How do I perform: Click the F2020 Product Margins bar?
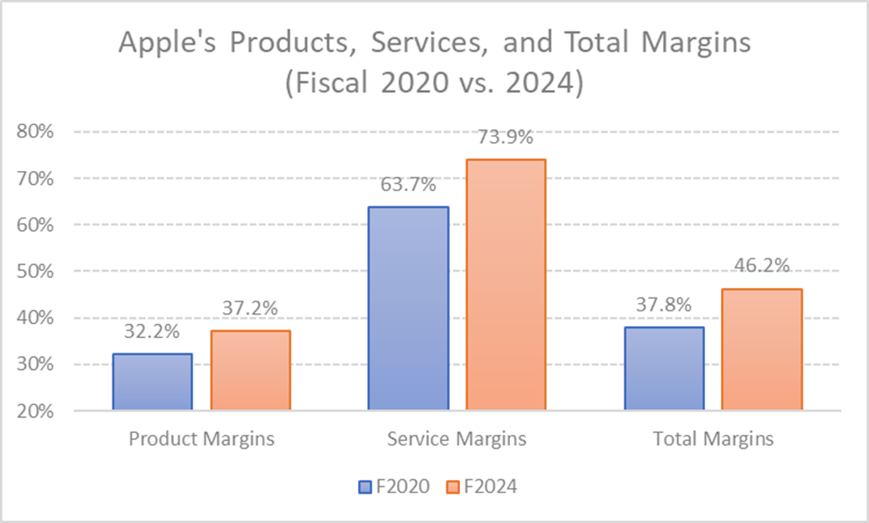(152, 382)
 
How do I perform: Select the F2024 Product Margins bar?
(250, 370)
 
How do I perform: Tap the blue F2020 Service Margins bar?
(408, 308)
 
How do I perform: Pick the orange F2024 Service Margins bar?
(505, 285)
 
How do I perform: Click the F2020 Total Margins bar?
(664, 368)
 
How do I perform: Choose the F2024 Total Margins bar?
(761, 349)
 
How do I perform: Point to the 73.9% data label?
(505, 138)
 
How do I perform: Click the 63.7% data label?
(408, 186)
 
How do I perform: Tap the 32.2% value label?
(152, 332)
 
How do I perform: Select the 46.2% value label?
(761, 265)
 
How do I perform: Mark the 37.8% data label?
(664, 305)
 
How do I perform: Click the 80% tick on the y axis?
(35, 131)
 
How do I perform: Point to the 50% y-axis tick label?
(35, 271)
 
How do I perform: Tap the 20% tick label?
(35, 411)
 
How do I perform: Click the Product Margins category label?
(201, 439)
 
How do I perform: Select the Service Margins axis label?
(456, 439)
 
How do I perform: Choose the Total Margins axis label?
(713, 439)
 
